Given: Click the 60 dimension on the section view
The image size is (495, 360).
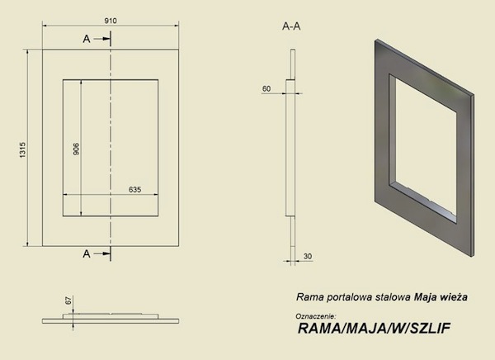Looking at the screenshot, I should coord(266,87).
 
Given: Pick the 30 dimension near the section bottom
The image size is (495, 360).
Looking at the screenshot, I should coord(308,256).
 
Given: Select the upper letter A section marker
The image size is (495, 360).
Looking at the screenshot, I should coord(87,39).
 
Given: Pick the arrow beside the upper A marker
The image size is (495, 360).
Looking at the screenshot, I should coord(101,39).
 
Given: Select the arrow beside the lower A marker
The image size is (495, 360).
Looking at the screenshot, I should coord(101,255).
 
